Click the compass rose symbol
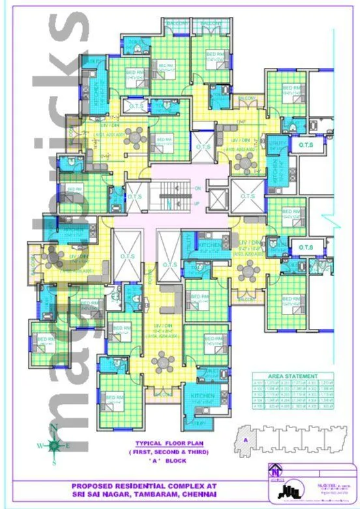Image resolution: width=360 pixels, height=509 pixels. click(x=54, y=445)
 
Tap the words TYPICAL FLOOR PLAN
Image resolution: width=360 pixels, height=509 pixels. click(x=156, y=442)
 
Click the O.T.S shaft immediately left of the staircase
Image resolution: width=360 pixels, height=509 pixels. click(x=135, y=196)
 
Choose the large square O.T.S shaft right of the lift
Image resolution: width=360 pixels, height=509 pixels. click(x=247, y=195)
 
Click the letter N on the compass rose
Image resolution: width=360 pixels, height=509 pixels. click(x=54, y=429)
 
